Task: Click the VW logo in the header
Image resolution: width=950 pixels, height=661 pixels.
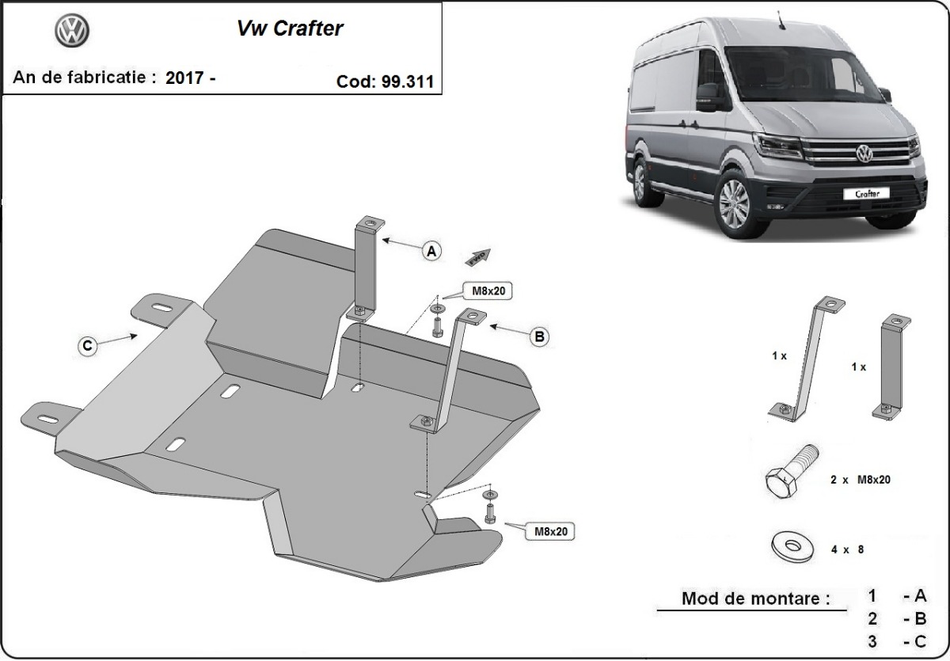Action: point(72,31)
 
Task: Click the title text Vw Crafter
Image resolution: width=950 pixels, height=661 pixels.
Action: point(290,28)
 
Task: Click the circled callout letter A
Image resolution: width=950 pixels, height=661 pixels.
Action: point(431,251)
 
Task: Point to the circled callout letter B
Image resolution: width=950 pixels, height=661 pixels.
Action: point(539,336)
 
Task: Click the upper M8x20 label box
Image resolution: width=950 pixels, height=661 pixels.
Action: point(488,291)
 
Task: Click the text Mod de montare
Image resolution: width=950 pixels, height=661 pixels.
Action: point(756,598)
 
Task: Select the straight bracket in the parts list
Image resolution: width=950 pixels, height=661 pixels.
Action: point(891,364)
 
